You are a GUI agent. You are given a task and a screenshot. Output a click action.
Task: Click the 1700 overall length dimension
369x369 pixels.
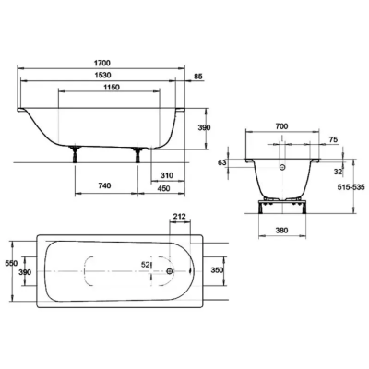point(102,63)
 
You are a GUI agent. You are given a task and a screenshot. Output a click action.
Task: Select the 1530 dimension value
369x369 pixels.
point(102,75)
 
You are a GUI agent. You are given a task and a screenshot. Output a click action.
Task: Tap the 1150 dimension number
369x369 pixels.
point(111,88)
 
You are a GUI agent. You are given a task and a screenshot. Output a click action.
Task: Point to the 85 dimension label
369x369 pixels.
point(199,77)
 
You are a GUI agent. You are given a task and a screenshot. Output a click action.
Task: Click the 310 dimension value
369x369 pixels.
point(167,175)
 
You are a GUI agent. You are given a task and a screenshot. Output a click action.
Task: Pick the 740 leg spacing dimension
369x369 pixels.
point(104,185)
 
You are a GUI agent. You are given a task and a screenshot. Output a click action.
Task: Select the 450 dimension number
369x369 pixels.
point(163,188)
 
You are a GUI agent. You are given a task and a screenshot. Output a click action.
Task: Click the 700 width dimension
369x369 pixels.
point(281,126)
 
